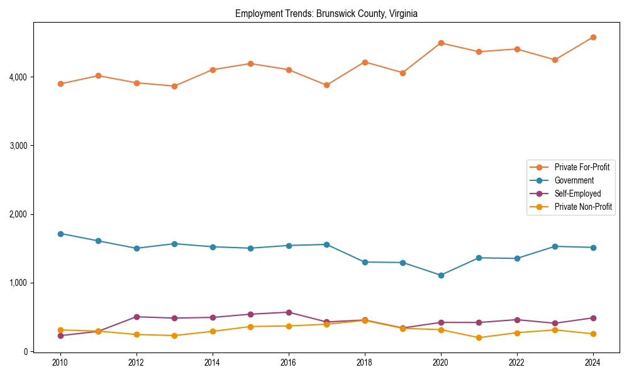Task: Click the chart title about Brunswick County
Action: coord(326,13)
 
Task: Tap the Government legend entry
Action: coord(574,180)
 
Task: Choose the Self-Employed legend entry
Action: coord(577,194)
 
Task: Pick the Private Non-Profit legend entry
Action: coord(583,207)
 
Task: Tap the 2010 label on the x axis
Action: coord(60,363)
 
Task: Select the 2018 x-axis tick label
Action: coord(365,363)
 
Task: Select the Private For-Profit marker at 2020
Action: coord(441,43)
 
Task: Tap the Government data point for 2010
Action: coord(60,234)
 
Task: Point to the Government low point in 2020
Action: coord(441,275)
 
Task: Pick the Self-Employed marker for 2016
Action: coord(289,312)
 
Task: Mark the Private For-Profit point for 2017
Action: coord(326,85)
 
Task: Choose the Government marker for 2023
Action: coord(555,246)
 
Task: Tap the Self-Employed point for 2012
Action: coord(136,317)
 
